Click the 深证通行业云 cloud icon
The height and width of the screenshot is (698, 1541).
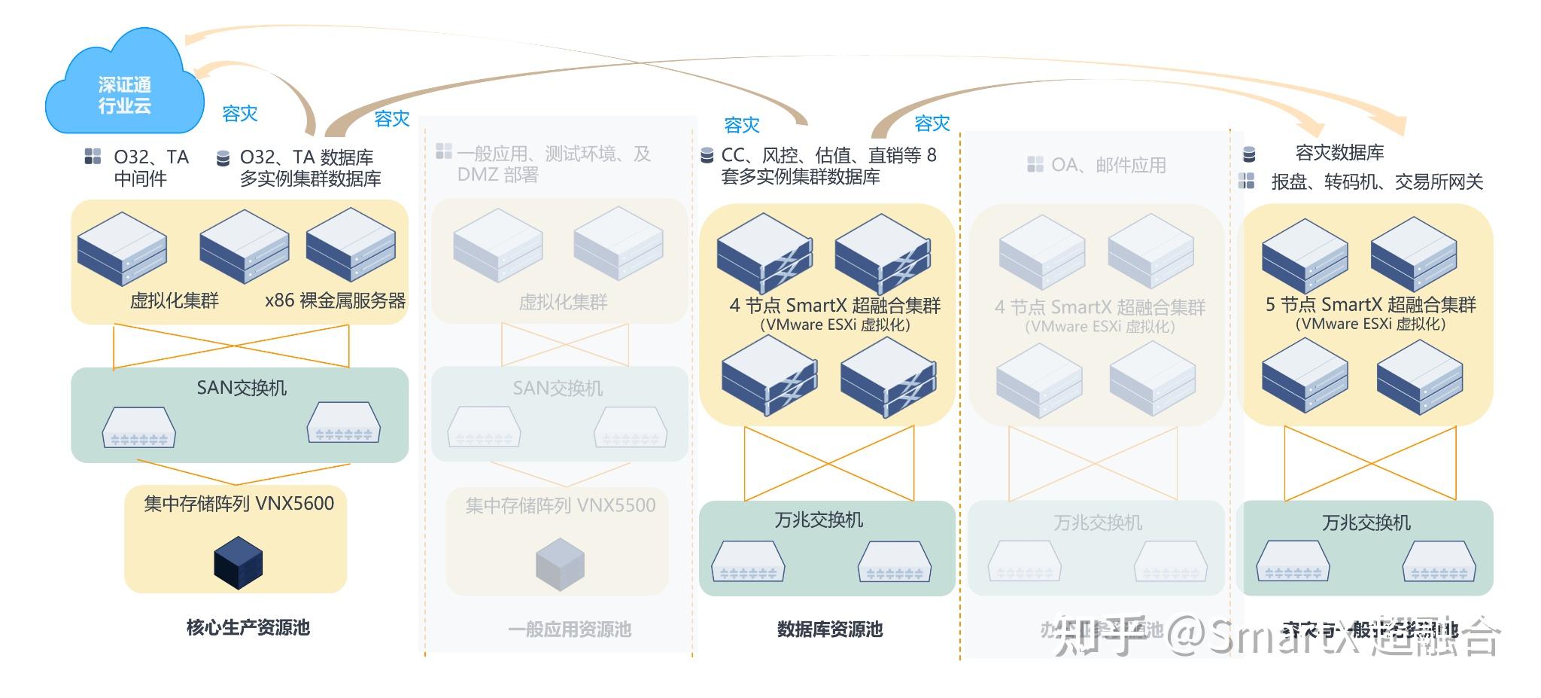(125, 87)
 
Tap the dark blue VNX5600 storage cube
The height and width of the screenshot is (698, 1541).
(238, 562)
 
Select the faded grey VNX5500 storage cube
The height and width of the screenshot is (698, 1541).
(560, 564)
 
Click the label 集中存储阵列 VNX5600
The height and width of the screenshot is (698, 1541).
(239, 504)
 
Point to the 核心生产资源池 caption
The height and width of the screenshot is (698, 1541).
(248, 627)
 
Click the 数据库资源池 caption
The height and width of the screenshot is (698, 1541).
(829, 629)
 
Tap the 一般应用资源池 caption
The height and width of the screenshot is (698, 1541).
(569, 629)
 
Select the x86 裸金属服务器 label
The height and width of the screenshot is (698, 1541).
(335, 300)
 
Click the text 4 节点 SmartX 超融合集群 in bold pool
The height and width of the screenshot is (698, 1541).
(834, 306)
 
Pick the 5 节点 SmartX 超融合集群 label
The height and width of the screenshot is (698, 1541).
(1370, 305)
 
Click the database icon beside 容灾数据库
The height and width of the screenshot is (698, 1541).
(1248, 154)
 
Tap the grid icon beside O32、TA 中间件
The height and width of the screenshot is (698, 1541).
(93, 157)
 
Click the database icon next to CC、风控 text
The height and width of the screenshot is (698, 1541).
(707, 156)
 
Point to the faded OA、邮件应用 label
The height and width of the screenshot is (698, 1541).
(1108, 165)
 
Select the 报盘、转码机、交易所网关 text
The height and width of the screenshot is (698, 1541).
(1377, 182)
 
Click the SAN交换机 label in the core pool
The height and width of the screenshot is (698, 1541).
(242, 388)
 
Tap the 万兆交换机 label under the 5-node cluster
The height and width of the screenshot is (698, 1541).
(1366, 523)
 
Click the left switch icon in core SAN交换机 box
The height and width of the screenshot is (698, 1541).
(139, 427)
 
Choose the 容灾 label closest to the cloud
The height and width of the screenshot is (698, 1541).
(240, 114)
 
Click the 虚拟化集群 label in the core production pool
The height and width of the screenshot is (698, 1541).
(174, 300)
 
